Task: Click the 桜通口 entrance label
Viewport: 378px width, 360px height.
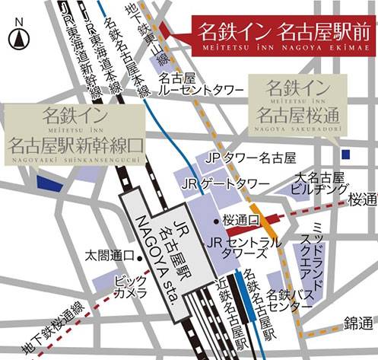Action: [x=242, y=219]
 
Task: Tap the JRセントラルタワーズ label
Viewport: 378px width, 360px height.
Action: [x=244, y=247]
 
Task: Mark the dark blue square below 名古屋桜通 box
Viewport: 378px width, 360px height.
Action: [x=346, y=155]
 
